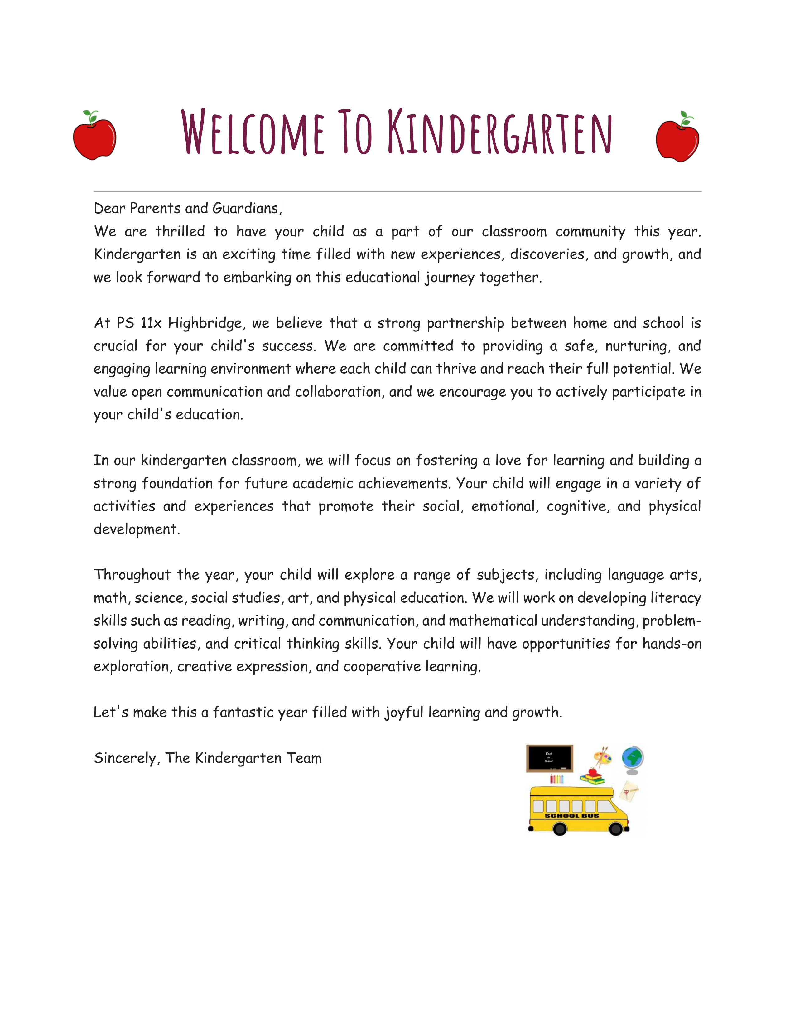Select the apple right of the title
(x=677, y=138)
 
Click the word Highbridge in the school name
(x=205, y=323)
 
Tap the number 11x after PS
(x=151, y=323)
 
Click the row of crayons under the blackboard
(x=557, y=779)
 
